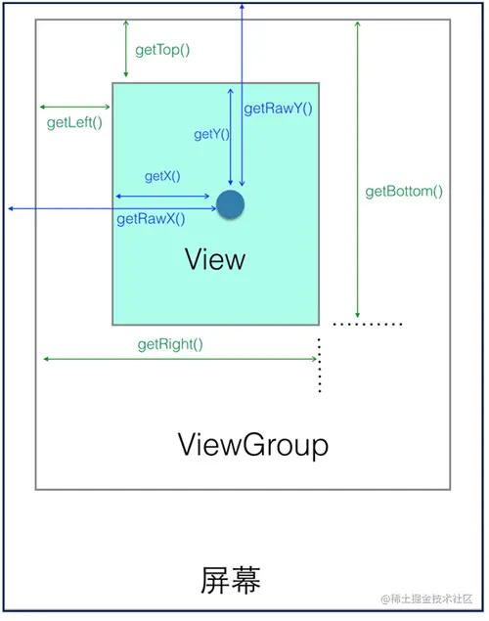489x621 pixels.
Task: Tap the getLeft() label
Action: coord(74,123)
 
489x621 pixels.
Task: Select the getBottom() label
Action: coord(404,192)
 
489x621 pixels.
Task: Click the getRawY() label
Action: coord(279,110)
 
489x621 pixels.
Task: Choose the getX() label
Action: coord(162,176)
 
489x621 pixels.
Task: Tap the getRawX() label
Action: coord(151,219)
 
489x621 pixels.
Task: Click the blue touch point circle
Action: coord(230,204)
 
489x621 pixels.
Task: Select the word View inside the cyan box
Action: coord(215,259)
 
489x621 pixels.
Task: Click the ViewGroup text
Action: coord(253,445)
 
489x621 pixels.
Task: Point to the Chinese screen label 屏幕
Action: coord(231,579)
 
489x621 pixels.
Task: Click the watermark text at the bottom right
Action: coord(428,599)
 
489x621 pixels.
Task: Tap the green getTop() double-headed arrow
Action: coord(126,47)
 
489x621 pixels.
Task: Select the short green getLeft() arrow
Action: coord(74,107)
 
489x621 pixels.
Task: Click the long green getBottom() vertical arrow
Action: coord(358,166)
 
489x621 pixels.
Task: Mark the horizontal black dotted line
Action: coord(367,323)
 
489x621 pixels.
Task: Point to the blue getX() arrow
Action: coord(162,197)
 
